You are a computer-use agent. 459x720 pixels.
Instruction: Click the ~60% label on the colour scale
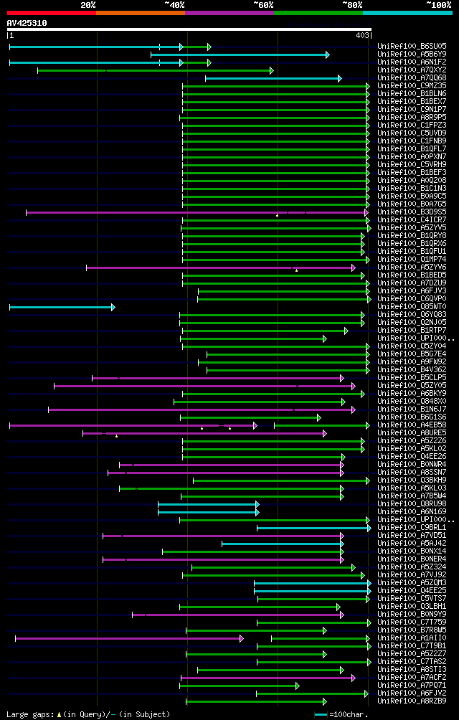coord(263,4)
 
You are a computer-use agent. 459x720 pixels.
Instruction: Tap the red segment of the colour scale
coord(51,12)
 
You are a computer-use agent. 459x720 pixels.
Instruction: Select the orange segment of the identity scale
coord(140,12)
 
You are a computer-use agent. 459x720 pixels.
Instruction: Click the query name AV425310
coord(27,23)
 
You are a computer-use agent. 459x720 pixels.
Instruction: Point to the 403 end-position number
coord(362,34)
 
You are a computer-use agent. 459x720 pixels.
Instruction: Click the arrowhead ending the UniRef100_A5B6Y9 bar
coord(327,55)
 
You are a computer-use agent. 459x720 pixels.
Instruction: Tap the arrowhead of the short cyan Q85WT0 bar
coord(113,307)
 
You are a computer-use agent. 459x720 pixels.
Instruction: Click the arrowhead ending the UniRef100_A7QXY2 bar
coord(271,70)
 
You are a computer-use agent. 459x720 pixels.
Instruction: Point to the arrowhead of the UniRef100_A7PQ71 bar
coord(297,686)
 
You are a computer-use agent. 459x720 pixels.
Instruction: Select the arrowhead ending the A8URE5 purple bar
coord(324,433)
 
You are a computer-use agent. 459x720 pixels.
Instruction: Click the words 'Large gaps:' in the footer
coord(29,714)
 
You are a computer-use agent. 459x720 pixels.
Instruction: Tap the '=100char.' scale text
coord(349,714)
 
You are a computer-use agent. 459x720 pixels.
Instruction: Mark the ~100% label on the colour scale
coord(438,4)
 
